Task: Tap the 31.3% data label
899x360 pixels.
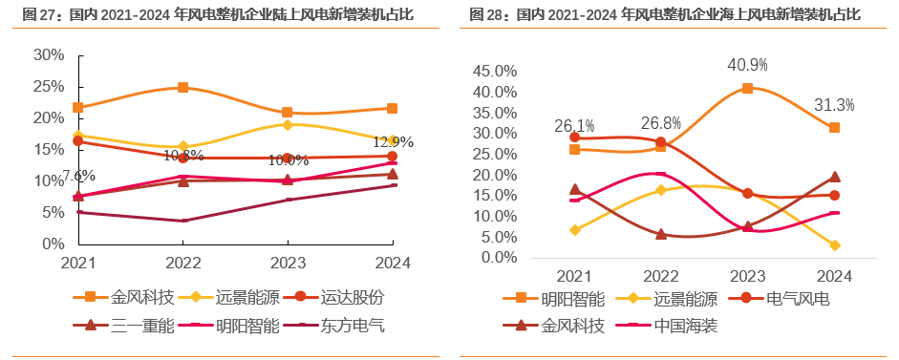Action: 834,105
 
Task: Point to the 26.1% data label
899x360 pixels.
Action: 574,126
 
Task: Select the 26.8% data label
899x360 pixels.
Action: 661,123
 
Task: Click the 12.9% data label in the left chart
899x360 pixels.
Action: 393,142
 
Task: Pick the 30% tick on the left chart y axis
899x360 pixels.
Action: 49,55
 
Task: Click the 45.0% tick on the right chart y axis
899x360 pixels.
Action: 494,72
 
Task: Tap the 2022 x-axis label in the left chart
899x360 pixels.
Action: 182,262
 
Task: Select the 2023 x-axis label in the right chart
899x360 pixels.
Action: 747,276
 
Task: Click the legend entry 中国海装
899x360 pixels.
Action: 685,326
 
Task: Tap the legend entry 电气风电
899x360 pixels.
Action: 798,299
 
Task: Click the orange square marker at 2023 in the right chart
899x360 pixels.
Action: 747,88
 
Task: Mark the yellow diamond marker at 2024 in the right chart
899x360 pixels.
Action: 834,245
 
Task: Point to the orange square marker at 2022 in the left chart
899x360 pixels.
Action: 182,88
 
